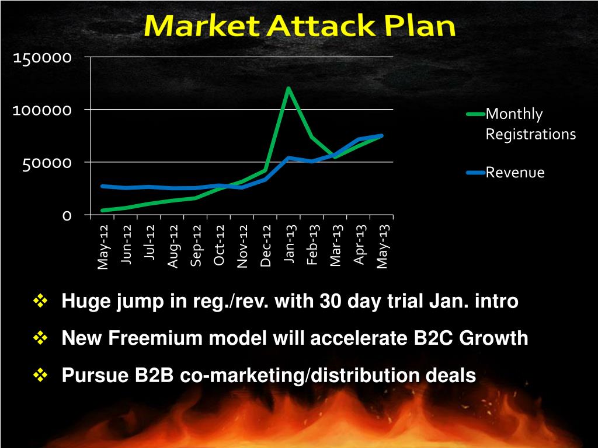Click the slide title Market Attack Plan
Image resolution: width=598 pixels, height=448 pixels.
pos(300,27)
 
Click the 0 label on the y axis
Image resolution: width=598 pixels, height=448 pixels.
pos(67,215)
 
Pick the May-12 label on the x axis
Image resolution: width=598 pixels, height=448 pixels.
pos(103,247)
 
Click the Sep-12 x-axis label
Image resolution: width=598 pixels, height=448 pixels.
pos(196,246)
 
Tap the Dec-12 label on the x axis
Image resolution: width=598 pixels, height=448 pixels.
pos(266,246)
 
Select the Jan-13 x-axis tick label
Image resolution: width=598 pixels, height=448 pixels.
pos(289,244)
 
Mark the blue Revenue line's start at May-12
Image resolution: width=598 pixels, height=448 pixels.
pos(103,186)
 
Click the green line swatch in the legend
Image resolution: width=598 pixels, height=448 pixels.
pos(475,114)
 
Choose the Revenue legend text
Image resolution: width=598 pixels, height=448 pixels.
pos(515,173)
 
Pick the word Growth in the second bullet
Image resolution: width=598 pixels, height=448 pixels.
pos(496,338)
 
